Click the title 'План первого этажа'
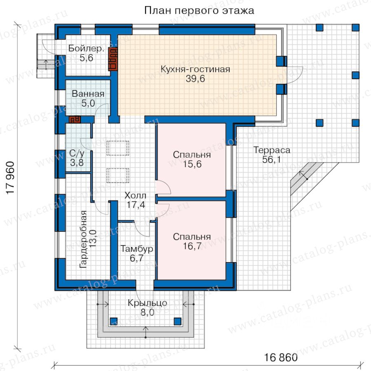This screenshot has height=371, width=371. [199, 11]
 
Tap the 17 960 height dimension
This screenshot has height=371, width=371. [11, 178]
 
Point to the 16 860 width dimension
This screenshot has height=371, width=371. [281, 357]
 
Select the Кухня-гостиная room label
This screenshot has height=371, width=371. [195, 69]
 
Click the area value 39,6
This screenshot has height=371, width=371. [195, 79]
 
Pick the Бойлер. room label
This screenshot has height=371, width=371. [87, 48]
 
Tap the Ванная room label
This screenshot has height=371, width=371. [88, 94]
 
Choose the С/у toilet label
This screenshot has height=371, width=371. [77, 153]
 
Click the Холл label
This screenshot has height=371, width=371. [135, 195]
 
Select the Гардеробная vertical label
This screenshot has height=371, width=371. [83, 239]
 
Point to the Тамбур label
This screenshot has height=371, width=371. [137, 249]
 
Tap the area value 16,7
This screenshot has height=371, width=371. [192, 246]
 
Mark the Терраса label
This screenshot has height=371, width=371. [272, 150]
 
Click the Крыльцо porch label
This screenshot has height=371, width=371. [148, 303]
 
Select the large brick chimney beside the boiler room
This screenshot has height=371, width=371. [113, 59]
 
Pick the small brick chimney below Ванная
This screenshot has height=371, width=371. [75, 119]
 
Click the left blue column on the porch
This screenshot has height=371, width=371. [114, 321]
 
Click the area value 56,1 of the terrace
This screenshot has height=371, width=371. [272, 160]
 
